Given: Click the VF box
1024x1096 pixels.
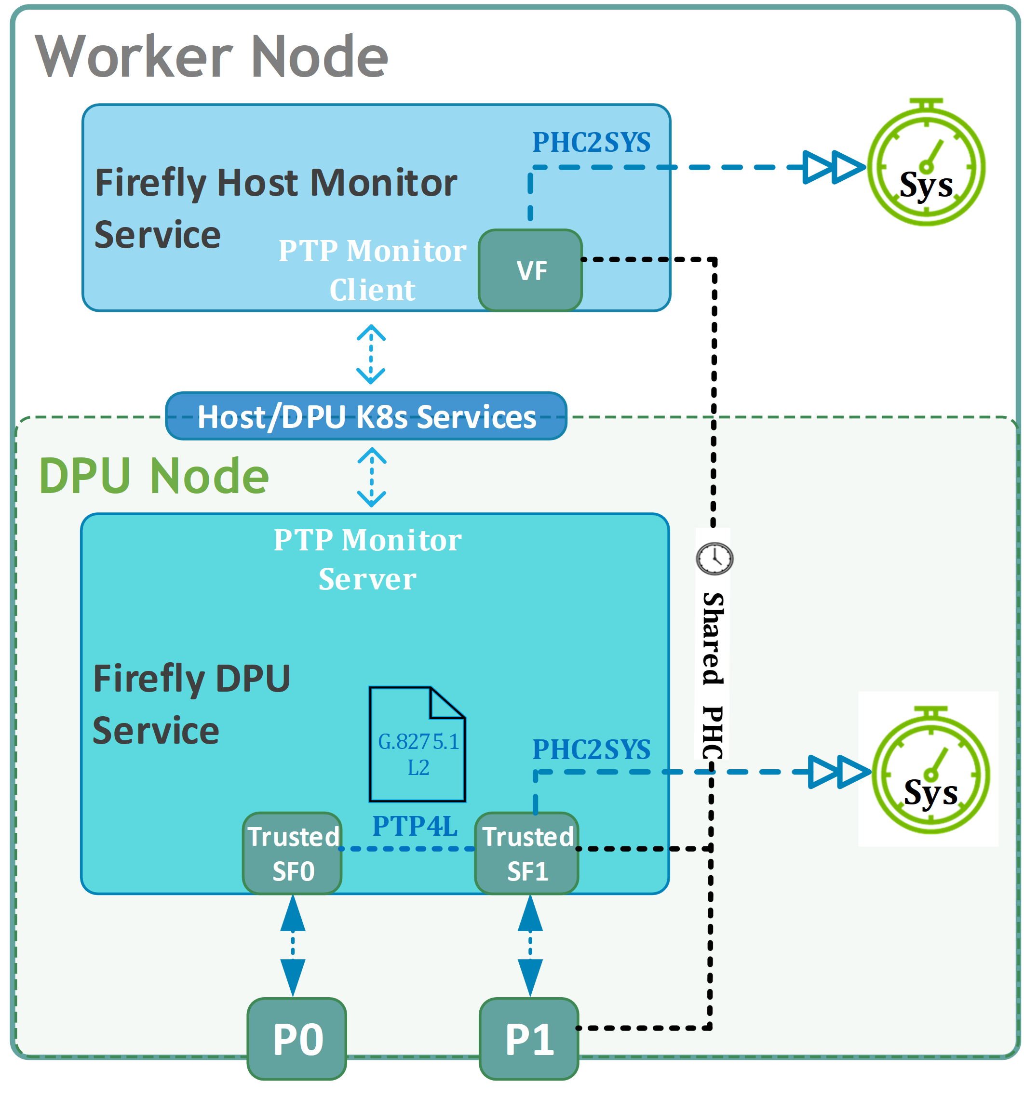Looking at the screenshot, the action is pyautogui.click(x=530, y=270).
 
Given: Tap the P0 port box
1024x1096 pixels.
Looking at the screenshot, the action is pyautogui.click(x=296, y=1039).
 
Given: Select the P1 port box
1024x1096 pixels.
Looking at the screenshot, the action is pyautogui.click(x=529, y=1039).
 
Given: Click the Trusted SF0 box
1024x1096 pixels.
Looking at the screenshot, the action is pyautogui.click(x=292, y=854).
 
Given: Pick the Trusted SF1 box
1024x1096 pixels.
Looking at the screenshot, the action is pyautogui.click(x=526, y=854).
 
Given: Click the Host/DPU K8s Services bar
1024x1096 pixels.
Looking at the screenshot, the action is pyautogui.click(x=366, y=416).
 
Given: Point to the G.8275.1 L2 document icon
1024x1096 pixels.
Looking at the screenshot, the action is pyautogui.click(x=418, y=744).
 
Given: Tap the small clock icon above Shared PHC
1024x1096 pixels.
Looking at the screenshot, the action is pyautogui.click(x=714, y=559).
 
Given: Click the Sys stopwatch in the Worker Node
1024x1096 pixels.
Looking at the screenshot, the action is pyautogui.click(x=927, y=162).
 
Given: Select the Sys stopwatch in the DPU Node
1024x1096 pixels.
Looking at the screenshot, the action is pyautogui.click(x=931, y=770).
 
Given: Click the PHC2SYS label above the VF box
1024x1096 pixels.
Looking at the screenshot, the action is pyautogui.click(x=591, y=142).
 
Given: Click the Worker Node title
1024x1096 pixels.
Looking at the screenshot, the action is pyautogui.click(x=212, y=56).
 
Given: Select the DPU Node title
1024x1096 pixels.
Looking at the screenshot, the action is pyautogui.click(x=154, y=476).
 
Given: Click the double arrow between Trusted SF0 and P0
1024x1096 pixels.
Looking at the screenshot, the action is pyautogui.click(x=292, y=946).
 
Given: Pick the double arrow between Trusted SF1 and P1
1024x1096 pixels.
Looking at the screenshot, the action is pyautogui.click(x=530, y=946).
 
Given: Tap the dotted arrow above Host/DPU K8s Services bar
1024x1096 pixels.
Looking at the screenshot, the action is pyautogui.click(x=371, y=354).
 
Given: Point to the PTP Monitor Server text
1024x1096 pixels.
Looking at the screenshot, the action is pyautogui.click(x=367, y=559).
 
